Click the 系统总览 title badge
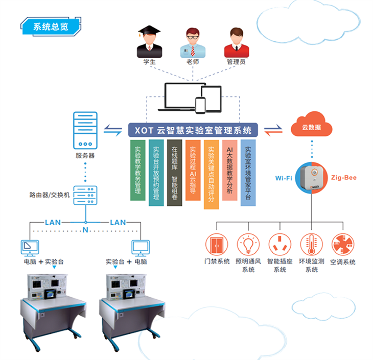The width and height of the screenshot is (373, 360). [x=50, y=26]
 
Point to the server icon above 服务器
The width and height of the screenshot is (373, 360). [x=85, y=129]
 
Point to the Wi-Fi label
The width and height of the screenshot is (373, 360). [x=285, y=178]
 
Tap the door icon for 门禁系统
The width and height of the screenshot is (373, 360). [x=216, y=245]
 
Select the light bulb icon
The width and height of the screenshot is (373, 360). [x=248, y=245]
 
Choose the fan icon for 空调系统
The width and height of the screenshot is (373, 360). [x=342, y=245]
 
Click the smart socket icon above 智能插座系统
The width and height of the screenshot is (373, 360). [x=279, y=245]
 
